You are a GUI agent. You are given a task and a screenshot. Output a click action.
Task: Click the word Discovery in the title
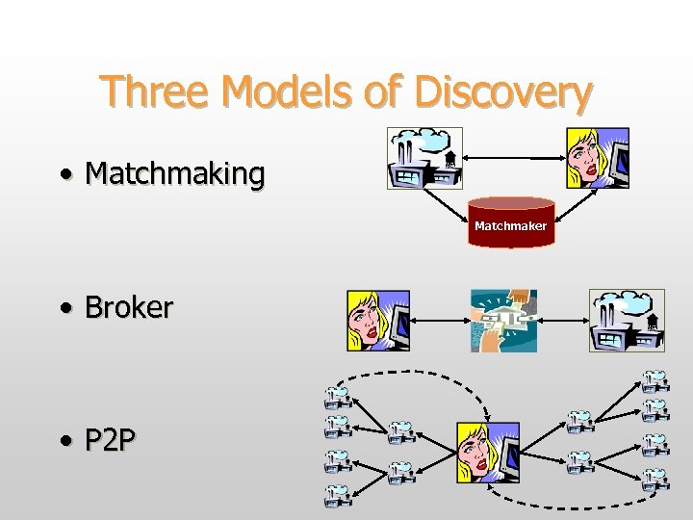502,92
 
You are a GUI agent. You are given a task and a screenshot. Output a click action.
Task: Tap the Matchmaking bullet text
174,174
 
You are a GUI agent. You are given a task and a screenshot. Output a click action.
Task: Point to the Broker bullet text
129,307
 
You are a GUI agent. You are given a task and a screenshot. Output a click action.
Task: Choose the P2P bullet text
111,441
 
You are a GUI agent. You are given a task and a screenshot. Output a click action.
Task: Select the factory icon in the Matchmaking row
424,158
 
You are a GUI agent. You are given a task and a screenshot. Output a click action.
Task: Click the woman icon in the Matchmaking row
597,158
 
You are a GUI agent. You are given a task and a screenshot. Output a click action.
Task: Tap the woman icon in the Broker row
378,321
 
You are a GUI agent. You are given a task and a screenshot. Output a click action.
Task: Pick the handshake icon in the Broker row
502,321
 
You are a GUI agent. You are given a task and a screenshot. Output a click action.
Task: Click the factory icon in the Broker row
627,321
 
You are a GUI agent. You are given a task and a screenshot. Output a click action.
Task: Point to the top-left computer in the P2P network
337,397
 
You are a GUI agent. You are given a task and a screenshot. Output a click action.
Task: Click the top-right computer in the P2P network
654,382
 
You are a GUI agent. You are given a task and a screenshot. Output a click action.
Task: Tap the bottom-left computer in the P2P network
337,495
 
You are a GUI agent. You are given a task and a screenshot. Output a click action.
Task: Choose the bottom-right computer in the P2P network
654,479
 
